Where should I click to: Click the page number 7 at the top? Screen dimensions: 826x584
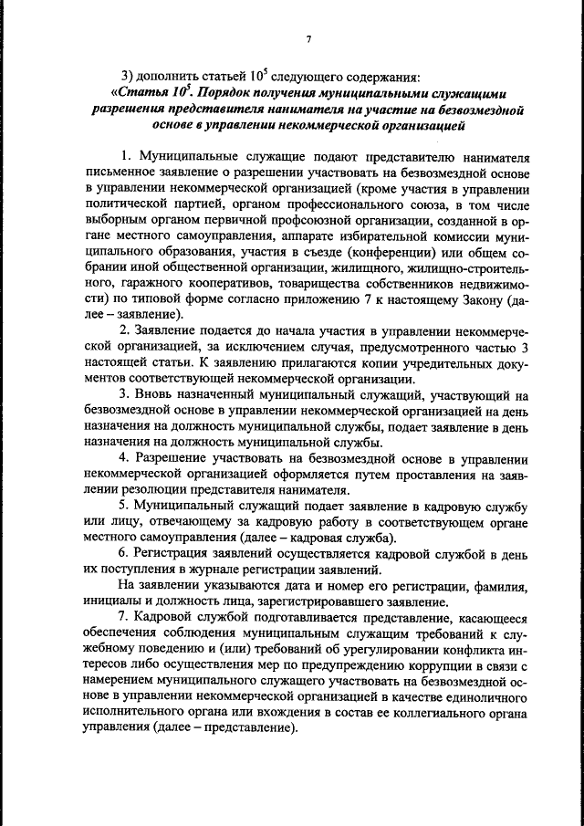pyautogui.click(x=309, y=38)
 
